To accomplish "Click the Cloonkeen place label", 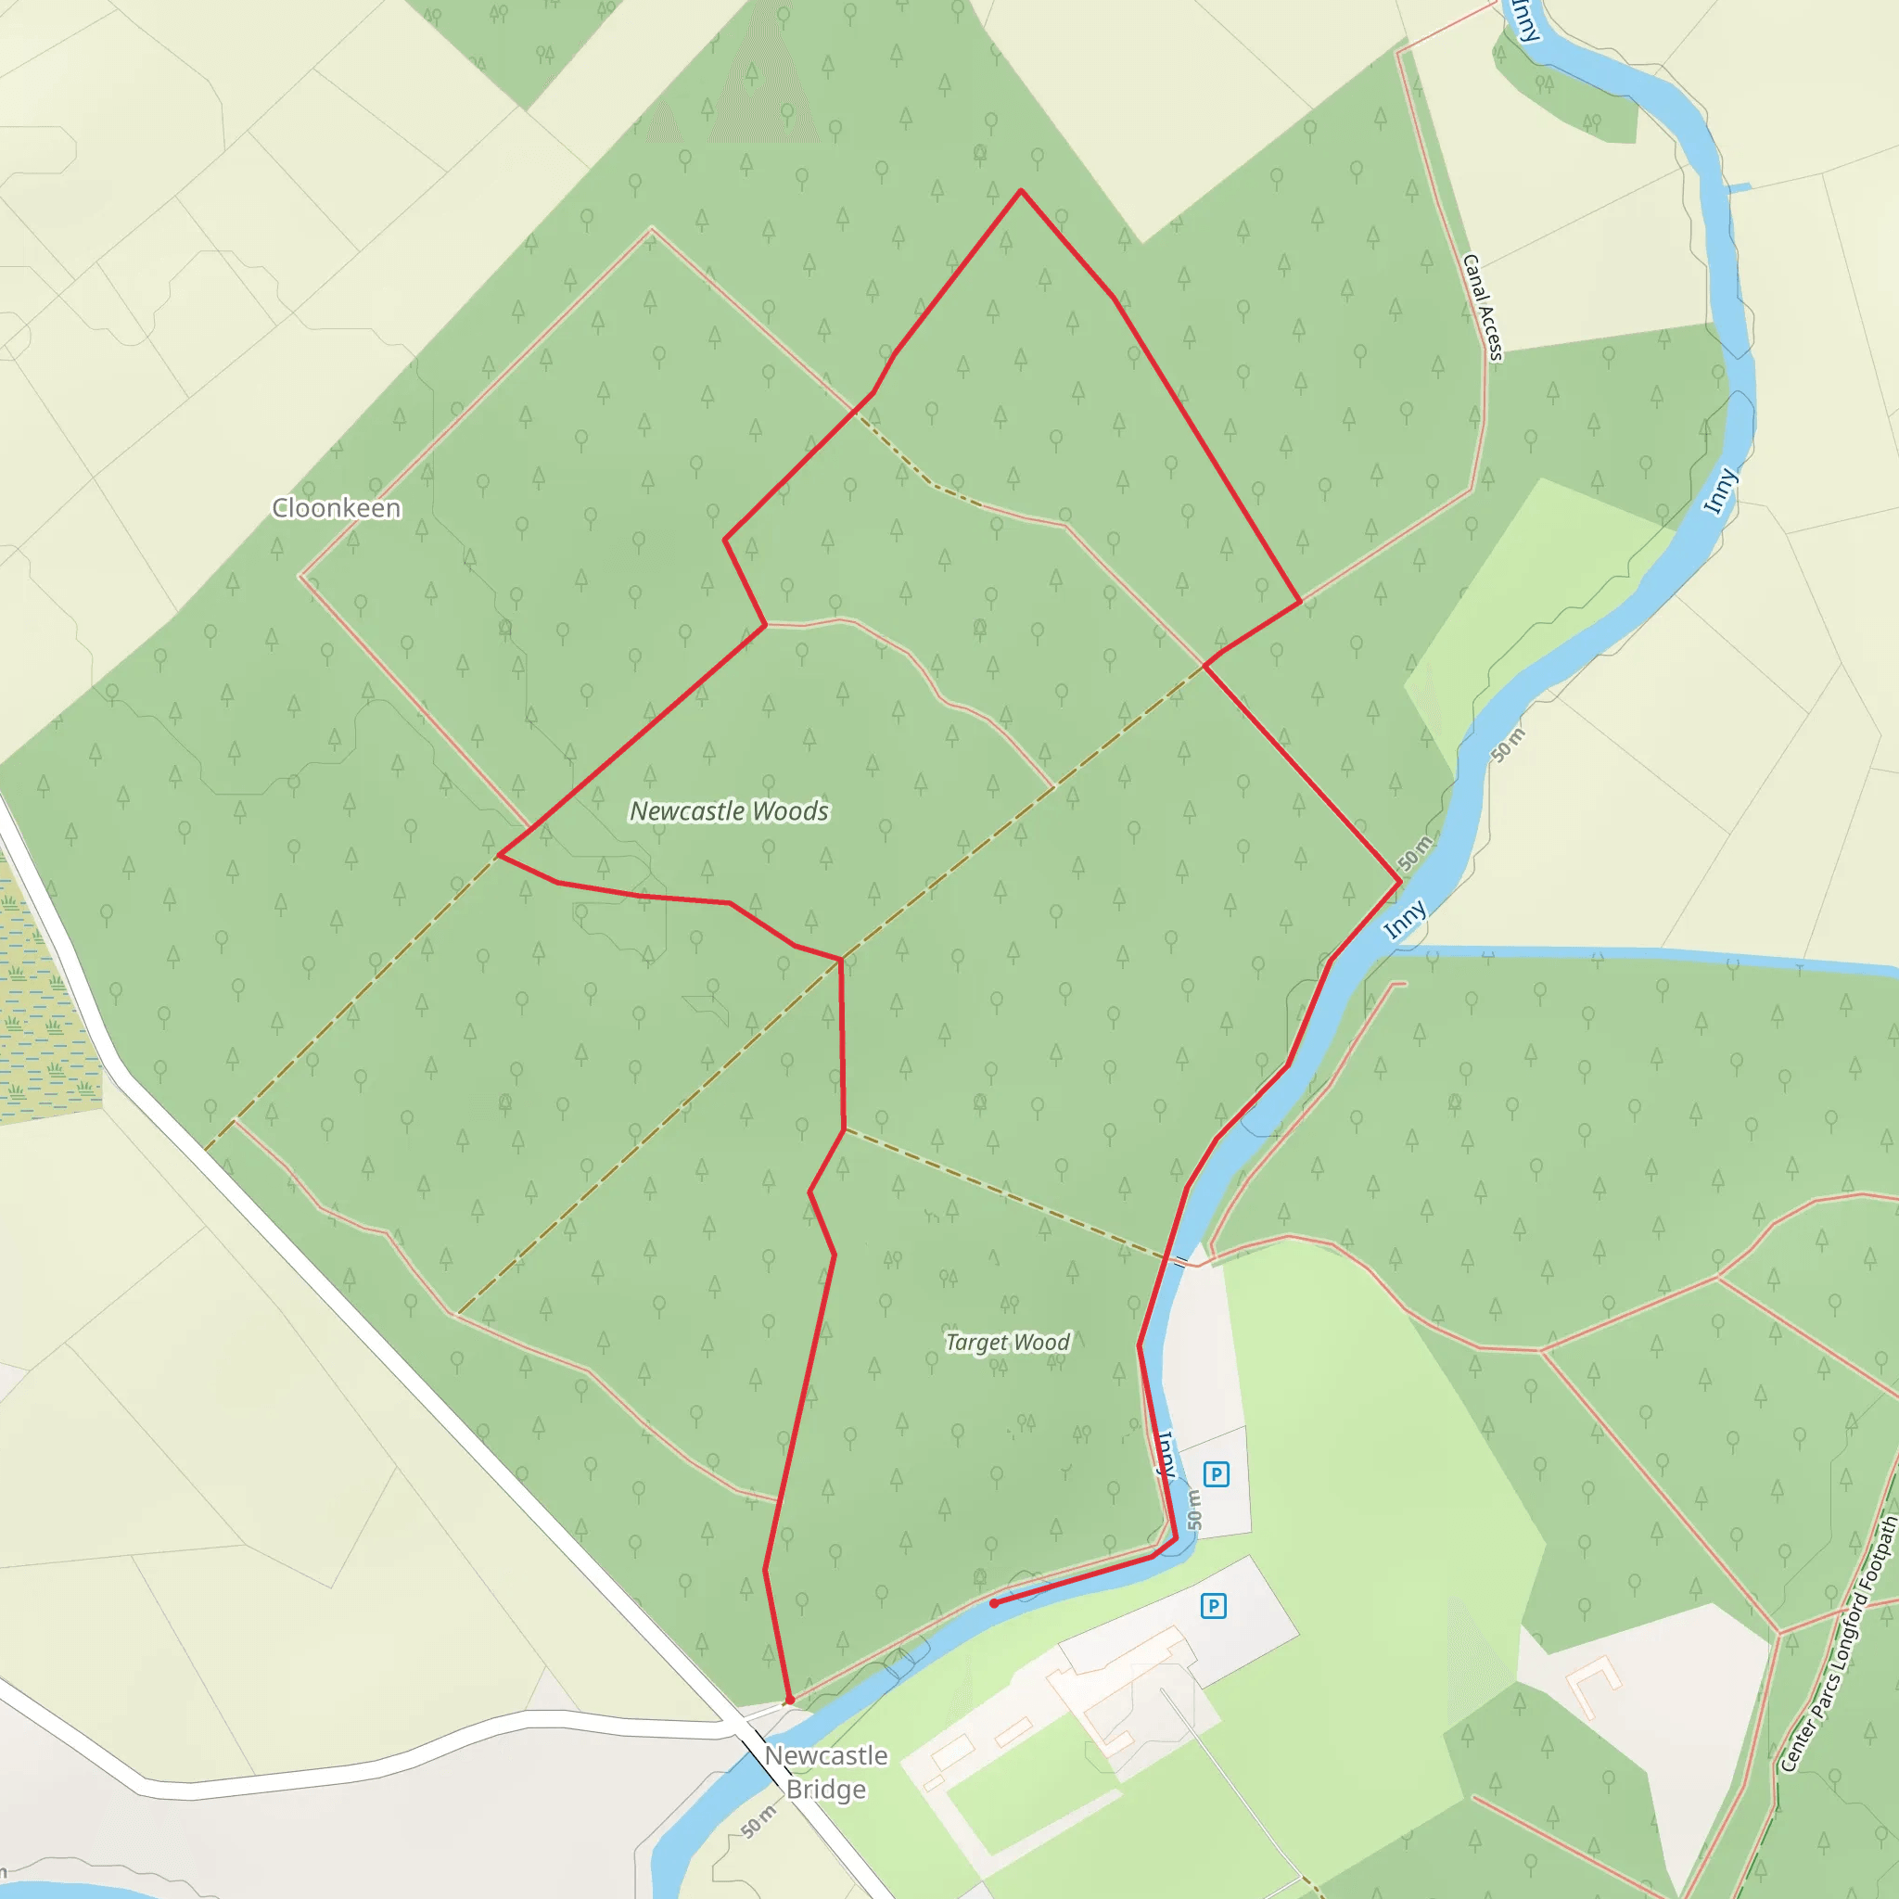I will coord(337,508).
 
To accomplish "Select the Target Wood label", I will coord(1008,1342).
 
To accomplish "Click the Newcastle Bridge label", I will coord(825,1772).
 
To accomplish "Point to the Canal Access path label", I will coord(1483,308).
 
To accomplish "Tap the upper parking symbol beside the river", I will coord(1216,1474).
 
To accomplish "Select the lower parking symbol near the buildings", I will coord(1214,1606).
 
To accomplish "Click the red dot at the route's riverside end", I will coord(994,1603).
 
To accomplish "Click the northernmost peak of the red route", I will coord(1021,190).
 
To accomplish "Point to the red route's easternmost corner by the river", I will coord(1399,884).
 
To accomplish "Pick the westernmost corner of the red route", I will coord(500,855).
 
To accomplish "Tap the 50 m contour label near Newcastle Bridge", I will coord(758,1821).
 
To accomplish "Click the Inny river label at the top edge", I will coord(1524,19).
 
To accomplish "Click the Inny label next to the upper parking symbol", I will coord(1166,1454).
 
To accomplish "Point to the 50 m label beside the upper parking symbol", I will coord(1193,1509).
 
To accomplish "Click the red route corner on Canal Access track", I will coord(1300,602).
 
